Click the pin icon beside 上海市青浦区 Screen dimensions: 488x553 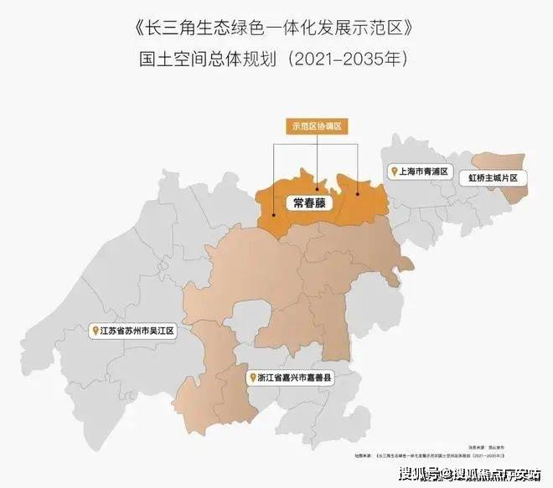(x=391, y=171)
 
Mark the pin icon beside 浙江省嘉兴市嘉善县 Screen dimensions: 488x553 (x=251, y=378)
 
